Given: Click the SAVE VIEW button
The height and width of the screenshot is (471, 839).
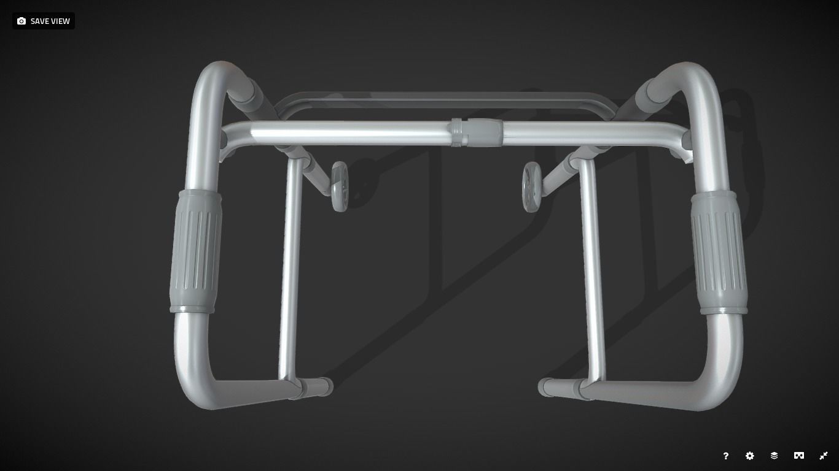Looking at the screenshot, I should pyautogui.click(x=44, y=21).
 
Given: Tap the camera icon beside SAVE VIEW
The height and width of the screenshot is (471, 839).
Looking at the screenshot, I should pyautogui.click(x=21, y=21).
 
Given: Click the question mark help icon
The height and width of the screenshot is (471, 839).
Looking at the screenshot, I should pyautogui.click(x=725, y=456).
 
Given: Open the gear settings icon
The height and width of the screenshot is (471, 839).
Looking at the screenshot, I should pyautogui.click(x=749, y=456).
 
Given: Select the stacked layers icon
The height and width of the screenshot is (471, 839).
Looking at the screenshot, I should pyautogui.click(x=774, y=456).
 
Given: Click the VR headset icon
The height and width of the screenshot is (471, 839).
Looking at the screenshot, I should pyautogui.click(x=798, y=456).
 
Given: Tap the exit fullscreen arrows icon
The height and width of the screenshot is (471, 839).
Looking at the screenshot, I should pyautogui.click(x=824, y=456).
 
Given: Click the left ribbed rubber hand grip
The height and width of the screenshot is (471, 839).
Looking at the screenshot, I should pyautogui.click(x=195, y=251).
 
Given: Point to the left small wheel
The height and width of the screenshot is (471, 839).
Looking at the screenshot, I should pyautogui.click(x=340, y=186).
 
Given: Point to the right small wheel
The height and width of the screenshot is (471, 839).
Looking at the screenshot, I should pyautogui.click(x=531, y=186).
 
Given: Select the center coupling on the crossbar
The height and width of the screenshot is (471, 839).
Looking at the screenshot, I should pyautogui.click(x=477, y=132).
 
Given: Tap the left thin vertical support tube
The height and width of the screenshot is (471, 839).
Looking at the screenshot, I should pyautogui.click(x=291, y=270).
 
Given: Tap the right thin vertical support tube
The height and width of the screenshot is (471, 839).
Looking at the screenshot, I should pyautogui.click(x=593, y=270).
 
